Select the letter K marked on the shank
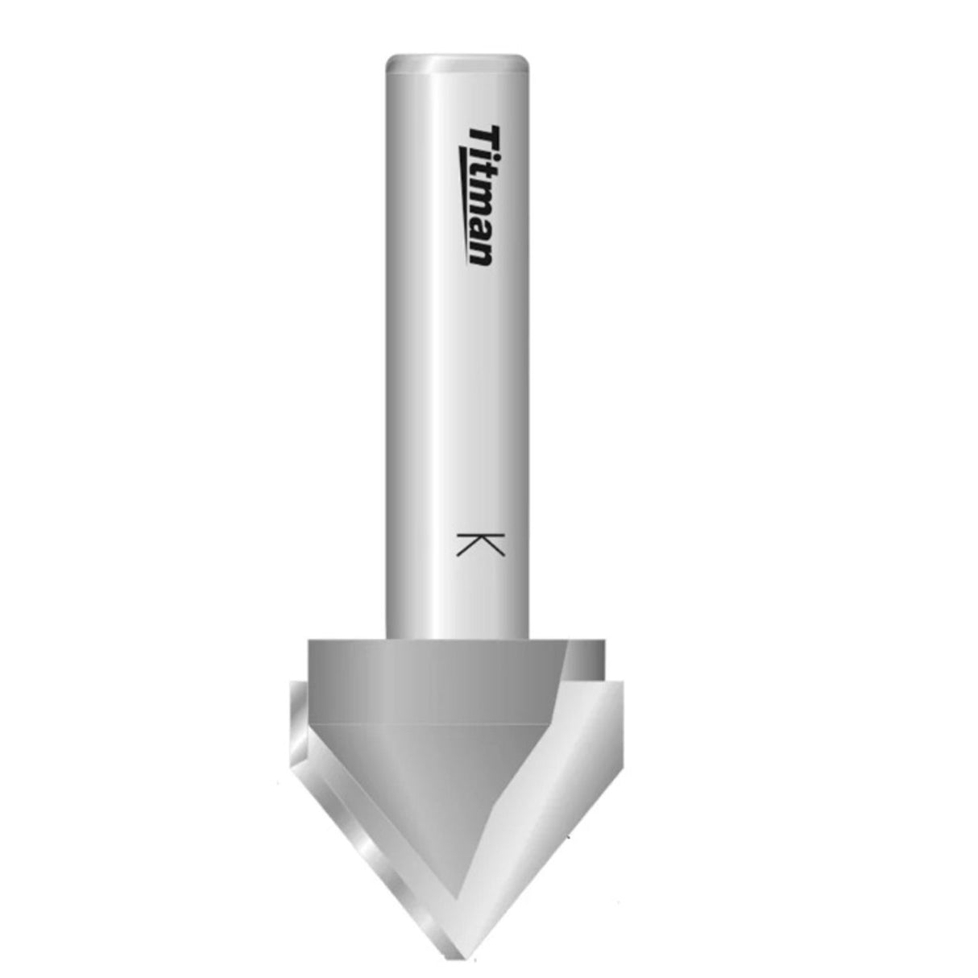(480, 545)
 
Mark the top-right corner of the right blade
(623, 682)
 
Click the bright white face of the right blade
(556, 773)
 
